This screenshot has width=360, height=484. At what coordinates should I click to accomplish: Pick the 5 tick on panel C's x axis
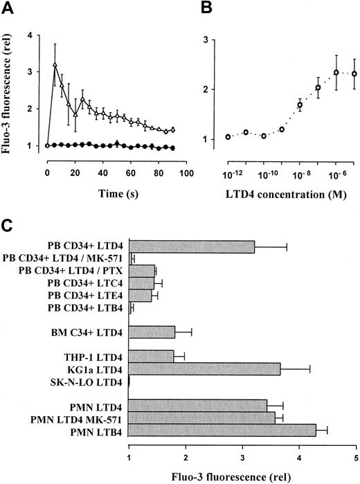pos(356,458)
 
